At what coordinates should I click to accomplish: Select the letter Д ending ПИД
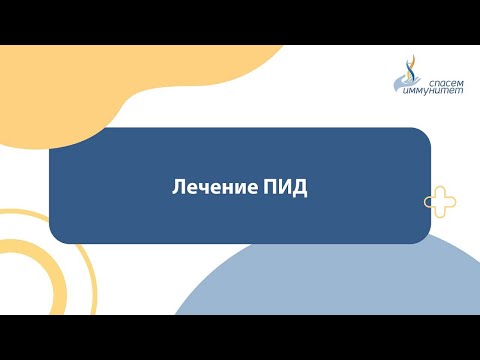[301, 187]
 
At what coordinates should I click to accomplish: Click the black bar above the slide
[240, 22]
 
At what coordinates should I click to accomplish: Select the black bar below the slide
[240, 337]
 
